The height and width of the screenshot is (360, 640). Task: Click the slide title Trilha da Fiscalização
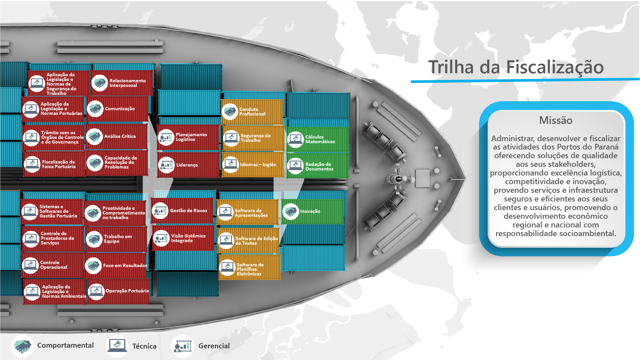(x=516, y=67)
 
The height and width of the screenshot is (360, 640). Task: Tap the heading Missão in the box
(x=556, y=120)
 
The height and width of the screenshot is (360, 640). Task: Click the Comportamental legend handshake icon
(x=23, y=346)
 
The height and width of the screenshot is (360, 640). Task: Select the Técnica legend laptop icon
(x=117, y=346)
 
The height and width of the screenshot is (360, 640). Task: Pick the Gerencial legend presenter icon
(x=183, y=346)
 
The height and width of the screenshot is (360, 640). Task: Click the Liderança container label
(x=187, y=165)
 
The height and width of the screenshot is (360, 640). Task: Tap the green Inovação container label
(x=310, y=211)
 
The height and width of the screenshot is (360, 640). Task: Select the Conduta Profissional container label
(x=252, y=112)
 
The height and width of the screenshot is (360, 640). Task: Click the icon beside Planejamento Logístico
(x=166, y=137)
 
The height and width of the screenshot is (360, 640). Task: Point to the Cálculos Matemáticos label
(x=320, y=139)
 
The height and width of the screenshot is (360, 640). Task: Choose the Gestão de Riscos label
(x=189, y=210)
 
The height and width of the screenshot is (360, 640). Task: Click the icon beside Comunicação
(x=95, y=109)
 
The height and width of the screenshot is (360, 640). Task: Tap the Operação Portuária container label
(x=127, y=291)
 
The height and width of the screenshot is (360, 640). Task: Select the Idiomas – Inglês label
(x=258, y=165)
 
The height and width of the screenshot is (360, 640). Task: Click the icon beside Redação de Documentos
(x=296, y=166)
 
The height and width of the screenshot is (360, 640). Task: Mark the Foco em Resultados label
(x=125, y=265)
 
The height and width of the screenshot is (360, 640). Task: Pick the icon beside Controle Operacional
(x=30, y=265)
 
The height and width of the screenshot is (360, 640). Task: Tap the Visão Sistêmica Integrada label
(x=188, y=238)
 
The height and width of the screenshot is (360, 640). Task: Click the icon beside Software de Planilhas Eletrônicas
(x=228, y=268)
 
